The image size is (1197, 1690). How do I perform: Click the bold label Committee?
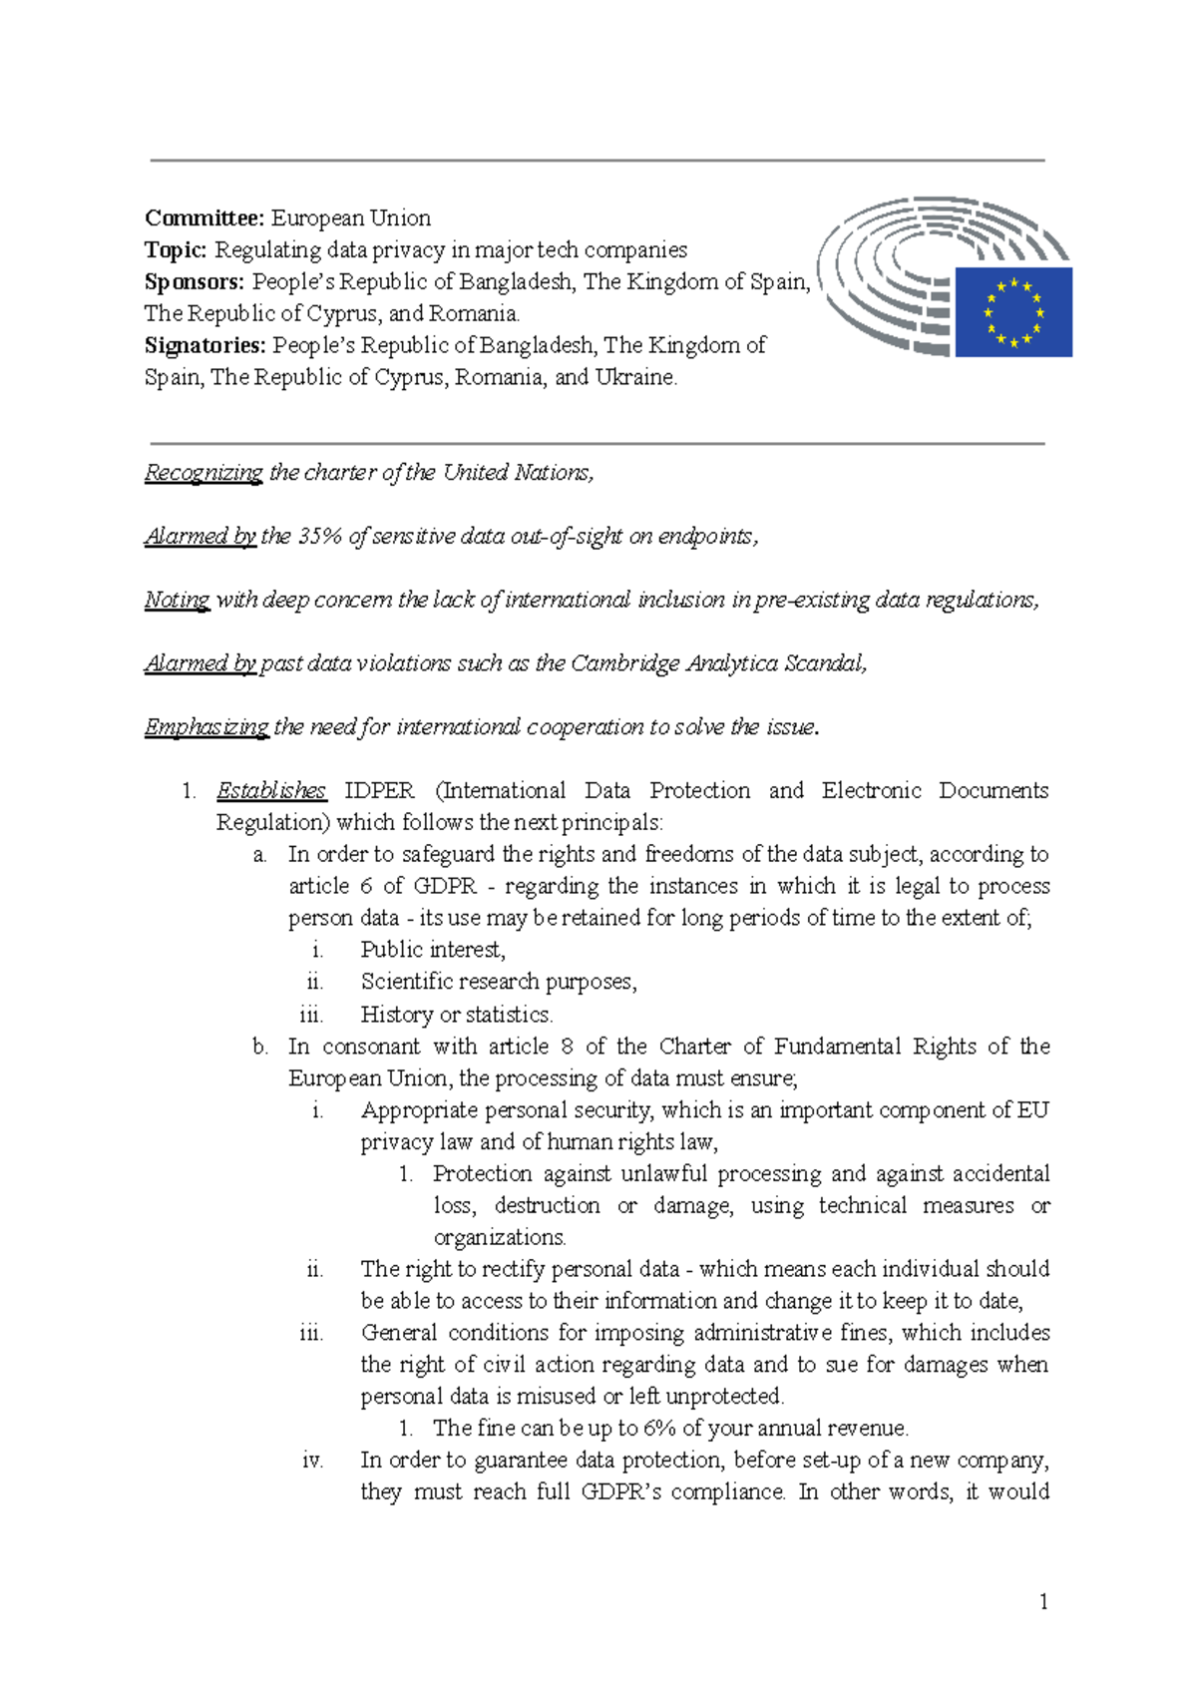coord(203,218)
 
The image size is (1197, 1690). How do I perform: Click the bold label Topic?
coord(176,250)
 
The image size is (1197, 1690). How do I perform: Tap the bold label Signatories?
coord(204,346)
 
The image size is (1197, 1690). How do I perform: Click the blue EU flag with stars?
coord(1013,311)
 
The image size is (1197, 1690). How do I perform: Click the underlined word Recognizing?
coord(203,473)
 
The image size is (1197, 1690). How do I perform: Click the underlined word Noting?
coord(177,601)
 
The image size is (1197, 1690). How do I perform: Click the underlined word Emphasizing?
coord(206,727)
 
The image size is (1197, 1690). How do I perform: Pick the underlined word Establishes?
coord(271,791)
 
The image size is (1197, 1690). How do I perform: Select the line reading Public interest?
coord(433,950)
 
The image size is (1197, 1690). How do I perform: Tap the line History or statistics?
coord(456,1015)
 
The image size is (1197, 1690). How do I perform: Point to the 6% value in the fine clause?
coord(660,1429)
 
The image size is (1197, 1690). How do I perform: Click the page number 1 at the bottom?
coord(1043,1602)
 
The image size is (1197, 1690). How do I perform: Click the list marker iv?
coord(312,1461)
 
